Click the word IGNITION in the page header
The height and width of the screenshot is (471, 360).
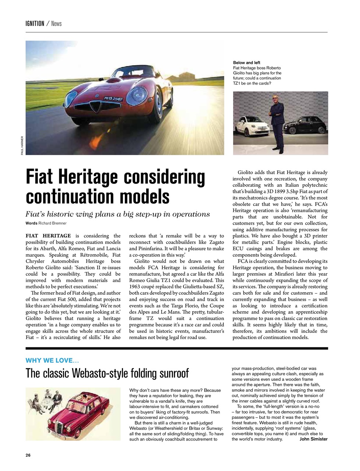pos(35,24)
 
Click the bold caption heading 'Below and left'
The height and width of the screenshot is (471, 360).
pos(247,63)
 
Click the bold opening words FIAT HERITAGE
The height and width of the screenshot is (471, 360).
pos(48,236)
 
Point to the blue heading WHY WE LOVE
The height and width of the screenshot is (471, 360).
pos(52,360)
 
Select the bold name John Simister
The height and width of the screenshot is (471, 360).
pos(313,439)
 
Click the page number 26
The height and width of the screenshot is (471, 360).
pos(28,455)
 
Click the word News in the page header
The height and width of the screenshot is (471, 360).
pos(56,24)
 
